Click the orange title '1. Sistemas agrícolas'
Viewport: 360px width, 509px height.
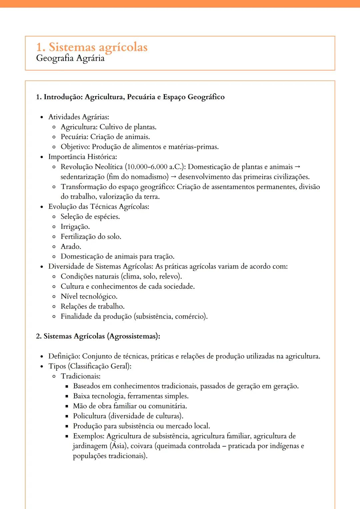click(92, 47)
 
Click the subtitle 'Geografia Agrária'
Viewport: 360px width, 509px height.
click(70, 58)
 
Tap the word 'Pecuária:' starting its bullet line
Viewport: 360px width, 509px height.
click(75, 137)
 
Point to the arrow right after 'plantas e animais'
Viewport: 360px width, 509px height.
click(298, 167)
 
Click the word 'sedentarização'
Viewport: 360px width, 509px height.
click(82, 177)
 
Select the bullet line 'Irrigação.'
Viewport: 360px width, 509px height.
click(75, 227)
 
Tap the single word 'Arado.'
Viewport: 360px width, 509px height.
click(71, 247)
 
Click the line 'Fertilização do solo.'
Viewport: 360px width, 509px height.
click(91, 237)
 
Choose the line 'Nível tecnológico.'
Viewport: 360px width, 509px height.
click(89, 296)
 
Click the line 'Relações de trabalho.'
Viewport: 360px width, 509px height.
click(92, 306)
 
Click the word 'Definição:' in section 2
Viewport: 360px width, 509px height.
click(64, 356)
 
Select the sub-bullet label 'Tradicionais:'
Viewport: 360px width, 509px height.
click(80, 376)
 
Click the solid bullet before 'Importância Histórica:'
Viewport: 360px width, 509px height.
click(42, 157)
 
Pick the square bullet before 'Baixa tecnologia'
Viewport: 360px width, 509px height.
click(67, 396)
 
